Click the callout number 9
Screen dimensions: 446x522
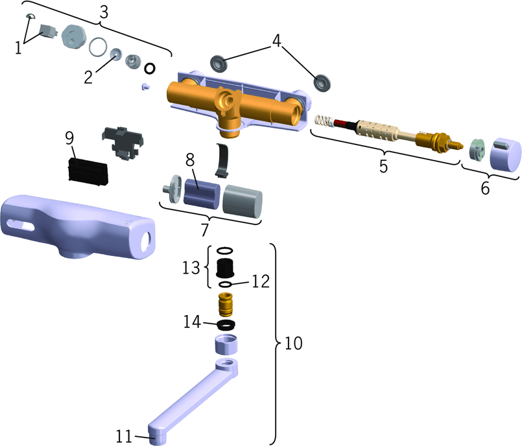(x=71, y=138)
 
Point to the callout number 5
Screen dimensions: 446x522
(x=384, y=165)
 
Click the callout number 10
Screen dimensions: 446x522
(x=294, y=343)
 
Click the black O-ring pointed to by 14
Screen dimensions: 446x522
(x=225, y=324)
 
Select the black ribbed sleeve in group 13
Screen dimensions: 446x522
(x=226, y=266)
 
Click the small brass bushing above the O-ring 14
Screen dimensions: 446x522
(x=226, y=303)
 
